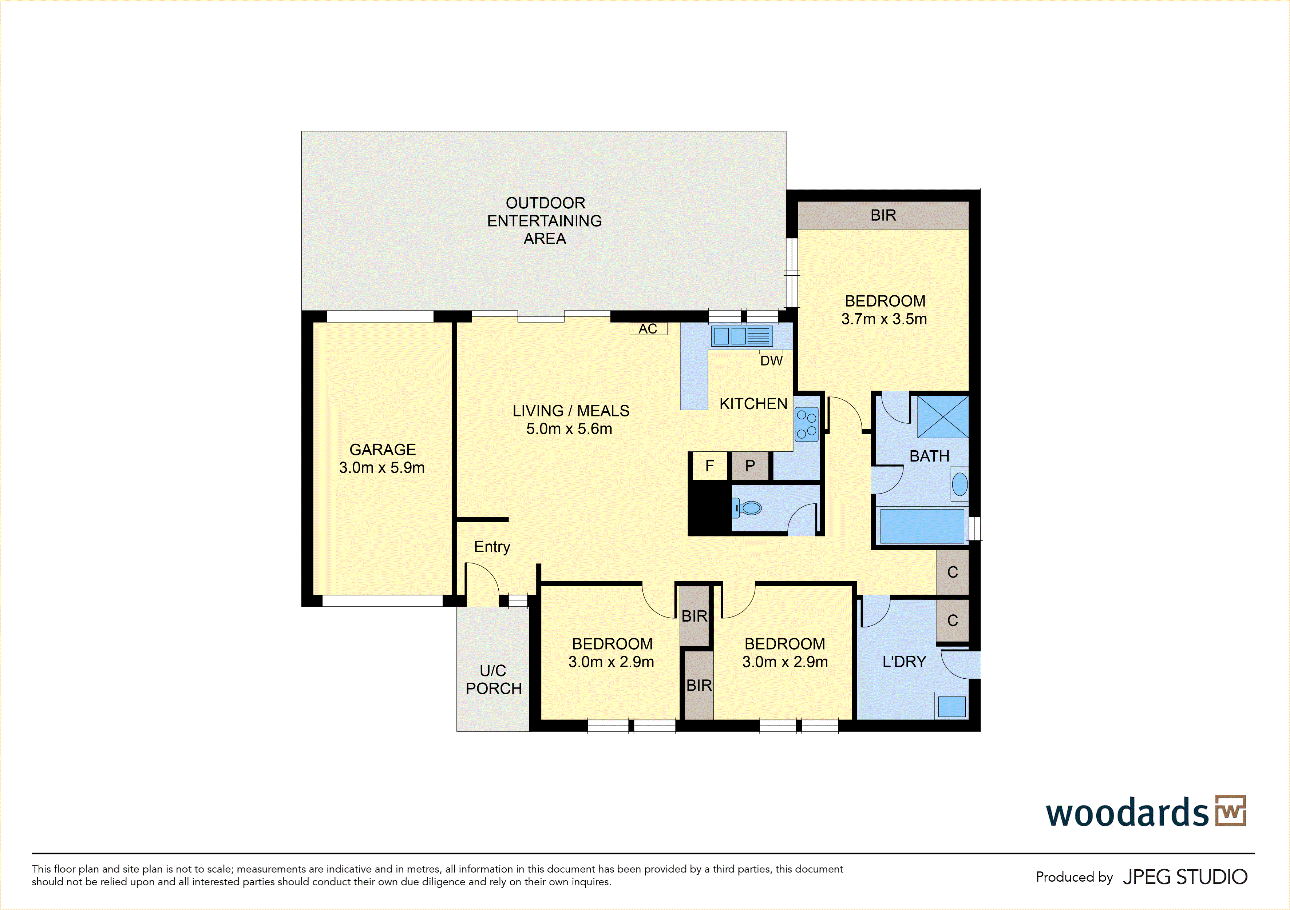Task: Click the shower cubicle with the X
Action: (x=943, y=416)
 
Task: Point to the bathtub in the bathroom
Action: (x=922, y=526)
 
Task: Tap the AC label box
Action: (x=648, y=329)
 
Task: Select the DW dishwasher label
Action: (x=771, y=360)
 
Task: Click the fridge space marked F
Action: (x=710, y=466)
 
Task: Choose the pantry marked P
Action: (x=750, y=466)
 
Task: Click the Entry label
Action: (x=492, y=547)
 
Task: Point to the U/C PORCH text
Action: (x=493, y=679)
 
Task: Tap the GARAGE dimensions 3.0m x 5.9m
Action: (x=382, y=468)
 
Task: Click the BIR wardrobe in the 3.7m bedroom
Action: (x=883, y=215)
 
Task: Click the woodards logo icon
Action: (x=1230, y=811)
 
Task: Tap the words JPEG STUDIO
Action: (x=1185, y=877)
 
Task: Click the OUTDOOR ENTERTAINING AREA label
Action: (x=545, y=221)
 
